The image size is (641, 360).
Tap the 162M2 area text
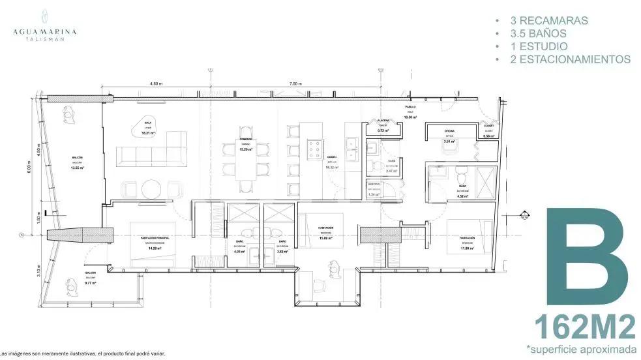[584, 325]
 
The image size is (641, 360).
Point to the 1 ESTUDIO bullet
[535, 46]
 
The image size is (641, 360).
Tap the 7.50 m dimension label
[295, 84]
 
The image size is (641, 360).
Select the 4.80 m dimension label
[155, 84]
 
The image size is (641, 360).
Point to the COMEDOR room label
[246, 140]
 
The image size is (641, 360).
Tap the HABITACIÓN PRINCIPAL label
[155, 239]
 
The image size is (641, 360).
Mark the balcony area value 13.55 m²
[77, 168]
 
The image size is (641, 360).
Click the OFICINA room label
[449, 130]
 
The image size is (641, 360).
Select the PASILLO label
[410, 106]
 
